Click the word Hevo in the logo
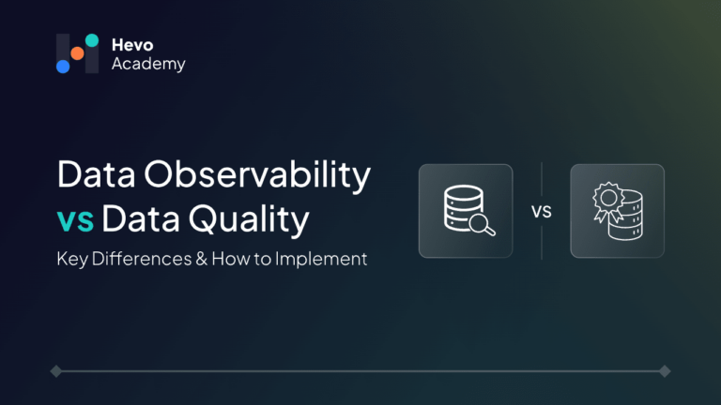132,45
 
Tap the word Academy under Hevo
148,65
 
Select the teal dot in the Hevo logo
92,40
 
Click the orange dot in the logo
77,53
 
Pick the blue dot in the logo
63,67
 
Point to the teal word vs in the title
75,220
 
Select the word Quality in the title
249,220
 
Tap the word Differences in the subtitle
142,259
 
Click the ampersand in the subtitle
202,259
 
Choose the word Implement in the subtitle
321,260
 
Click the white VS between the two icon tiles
541,212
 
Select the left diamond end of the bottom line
56,371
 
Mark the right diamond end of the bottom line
665,371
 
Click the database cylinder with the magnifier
463,207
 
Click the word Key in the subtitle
72,260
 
